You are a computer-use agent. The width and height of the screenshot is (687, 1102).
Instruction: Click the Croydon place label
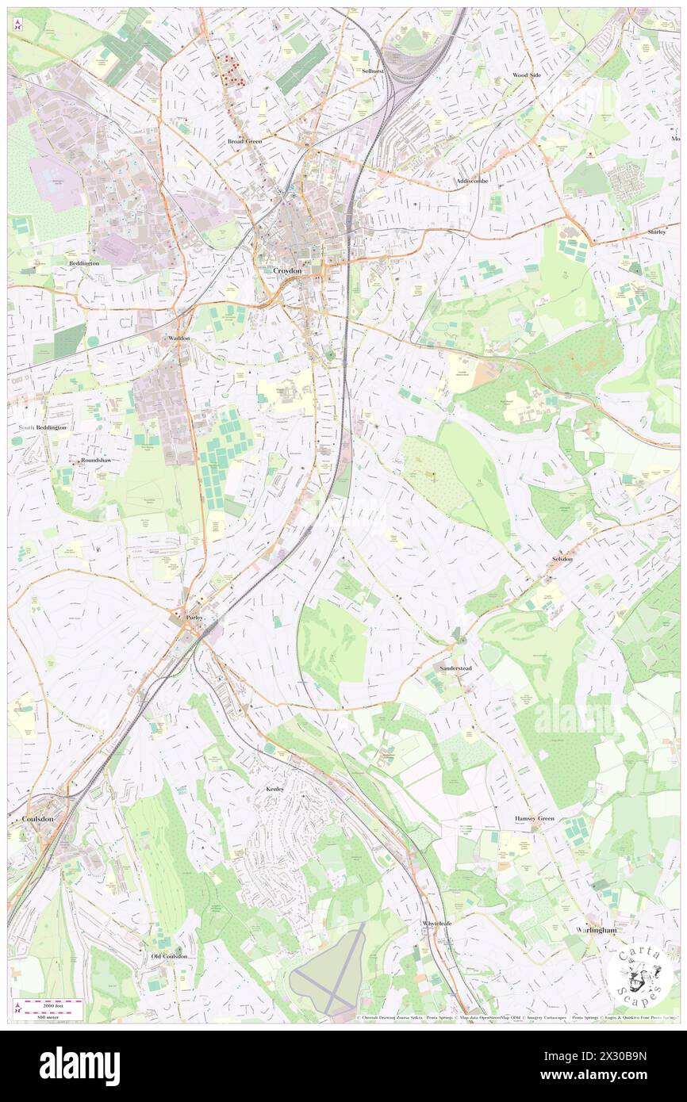pyautogui.click(x=287, y=270)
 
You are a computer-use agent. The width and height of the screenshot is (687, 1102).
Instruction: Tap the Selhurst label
pyautogui.click(x=372, y=71)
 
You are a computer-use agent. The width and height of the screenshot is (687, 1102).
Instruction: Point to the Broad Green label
pyautogui.click(x=244, y=141)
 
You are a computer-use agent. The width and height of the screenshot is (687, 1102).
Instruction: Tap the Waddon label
pyautogui.click(x=179, y=338)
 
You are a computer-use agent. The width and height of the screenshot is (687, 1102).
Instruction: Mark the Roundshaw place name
pyautogui.click(x=94, y=460)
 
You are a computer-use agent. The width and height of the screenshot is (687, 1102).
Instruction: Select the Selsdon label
pyautogui.click(x=562, y=559)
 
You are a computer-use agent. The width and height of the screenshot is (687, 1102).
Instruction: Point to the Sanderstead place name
pyautogui.click(x=455, y=668)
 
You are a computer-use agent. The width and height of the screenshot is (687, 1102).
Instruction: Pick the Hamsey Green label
pyautogui.click(x=535, y=818)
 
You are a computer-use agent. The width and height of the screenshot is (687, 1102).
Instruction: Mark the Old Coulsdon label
pyautogui.click(x=170, y=956)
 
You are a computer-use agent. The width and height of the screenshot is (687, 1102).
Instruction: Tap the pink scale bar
pyautogui.click(x=52, y=1008)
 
